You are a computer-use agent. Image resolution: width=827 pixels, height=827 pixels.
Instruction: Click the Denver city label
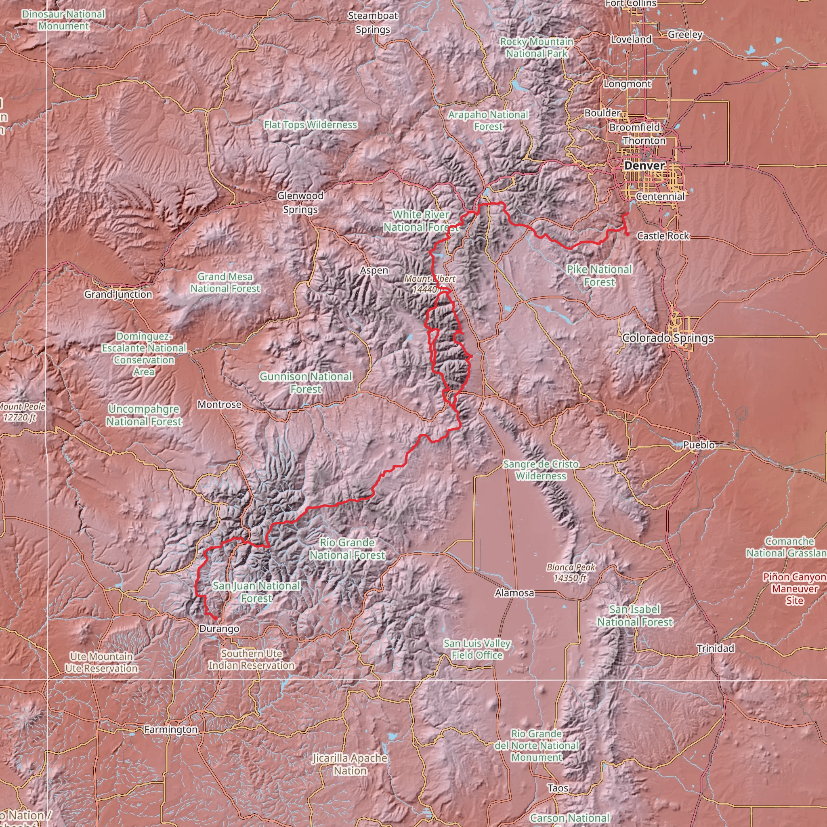pyautogui.click(x=644, y=166)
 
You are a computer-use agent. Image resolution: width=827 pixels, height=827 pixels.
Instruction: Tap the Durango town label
pyautogui.click(x=219, y=629)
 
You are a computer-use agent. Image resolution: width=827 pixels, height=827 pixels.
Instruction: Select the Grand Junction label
pyautogui.click(x=118, y=294)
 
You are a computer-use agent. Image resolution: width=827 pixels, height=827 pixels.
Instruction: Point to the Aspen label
pyautogui.click(x=374, y=271)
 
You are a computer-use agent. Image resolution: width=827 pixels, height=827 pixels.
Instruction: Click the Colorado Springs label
pyautogui.click(x=668, y=338)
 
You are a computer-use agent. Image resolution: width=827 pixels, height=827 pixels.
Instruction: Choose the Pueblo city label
pyautogui.click(x=699, y=445)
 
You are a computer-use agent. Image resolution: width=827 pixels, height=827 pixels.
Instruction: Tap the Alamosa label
pyautogui.click(x=514, y=593)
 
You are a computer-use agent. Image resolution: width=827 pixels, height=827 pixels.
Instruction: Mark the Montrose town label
pyautogui.click(x=219, y=405)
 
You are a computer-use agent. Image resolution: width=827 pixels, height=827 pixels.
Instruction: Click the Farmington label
pyautogui.click(x=171, y=729)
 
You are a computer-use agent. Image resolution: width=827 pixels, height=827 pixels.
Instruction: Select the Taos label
pyautogui.click(x=558, y=788)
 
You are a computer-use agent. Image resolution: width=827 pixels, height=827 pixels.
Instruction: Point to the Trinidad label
pyautogui.click(x=715, y=648)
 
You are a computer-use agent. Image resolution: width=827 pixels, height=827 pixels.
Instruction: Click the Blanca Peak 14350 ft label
pyautogui.click(x=571, y=573)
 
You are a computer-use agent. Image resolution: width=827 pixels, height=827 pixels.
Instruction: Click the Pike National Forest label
pyautogui.click(x=599, y=276)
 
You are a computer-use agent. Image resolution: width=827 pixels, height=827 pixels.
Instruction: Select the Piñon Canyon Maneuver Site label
pyautogui.click(x=794, y=589)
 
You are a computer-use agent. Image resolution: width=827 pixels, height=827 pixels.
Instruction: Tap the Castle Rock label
pyautogui.click(x=663, y=236)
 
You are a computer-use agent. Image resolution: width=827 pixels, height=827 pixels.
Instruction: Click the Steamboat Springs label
pyautogui.click(x=373, y=23)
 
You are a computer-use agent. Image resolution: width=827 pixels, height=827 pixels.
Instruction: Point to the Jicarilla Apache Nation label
pyautogui.click(x=350, y=764)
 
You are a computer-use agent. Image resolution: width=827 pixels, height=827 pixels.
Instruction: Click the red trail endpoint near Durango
pyautogui.click(x=215, y=619)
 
